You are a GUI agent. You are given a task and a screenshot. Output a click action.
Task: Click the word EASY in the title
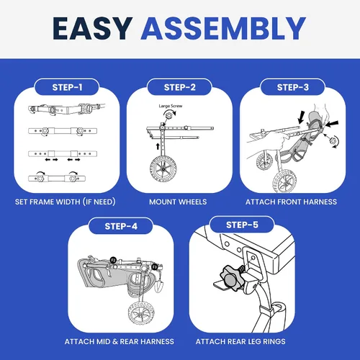point(93,28)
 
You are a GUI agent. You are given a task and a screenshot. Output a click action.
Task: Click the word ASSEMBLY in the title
point(223,28)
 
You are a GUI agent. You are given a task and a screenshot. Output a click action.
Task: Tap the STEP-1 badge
point(67,87)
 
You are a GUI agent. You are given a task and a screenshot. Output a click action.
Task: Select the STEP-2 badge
point(180,87)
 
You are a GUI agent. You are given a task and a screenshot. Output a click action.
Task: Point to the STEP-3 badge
point(293,87)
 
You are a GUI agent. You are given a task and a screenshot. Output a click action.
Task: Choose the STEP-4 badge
point(121,226)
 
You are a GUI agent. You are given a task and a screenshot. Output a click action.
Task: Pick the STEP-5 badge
point(242,225)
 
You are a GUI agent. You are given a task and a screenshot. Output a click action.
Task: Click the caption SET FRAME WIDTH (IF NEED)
point(66,202)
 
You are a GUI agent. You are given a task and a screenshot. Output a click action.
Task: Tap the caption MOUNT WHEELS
point(178,202)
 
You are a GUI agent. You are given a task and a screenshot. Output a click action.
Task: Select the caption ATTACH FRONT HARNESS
point(291,202)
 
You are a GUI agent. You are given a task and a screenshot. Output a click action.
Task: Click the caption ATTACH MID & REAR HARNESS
point(120,341)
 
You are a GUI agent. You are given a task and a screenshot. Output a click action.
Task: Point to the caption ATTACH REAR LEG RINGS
point(240,341)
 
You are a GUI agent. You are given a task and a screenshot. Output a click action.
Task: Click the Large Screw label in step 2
point(171,106)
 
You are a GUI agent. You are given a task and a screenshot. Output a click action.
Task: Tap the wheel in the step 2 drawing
point(163,169)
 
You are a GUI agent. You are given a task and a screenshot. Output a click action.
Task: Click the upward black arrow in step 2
point(158,146)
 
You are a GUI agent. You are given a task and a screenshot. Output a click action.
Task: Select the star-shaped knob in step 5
point(230,279)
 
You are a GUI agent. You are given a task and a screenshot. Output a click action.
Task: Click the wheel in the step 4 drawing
point(141,313)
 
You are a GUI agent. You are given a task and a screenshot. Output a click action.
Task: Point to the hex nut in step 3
point(333,141)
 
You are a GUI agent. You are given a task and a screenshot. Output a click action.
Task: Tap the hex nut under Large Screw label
point(169,115)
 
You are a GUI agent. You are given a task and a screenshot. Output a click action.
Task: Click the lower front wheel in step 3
point(284,181)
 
